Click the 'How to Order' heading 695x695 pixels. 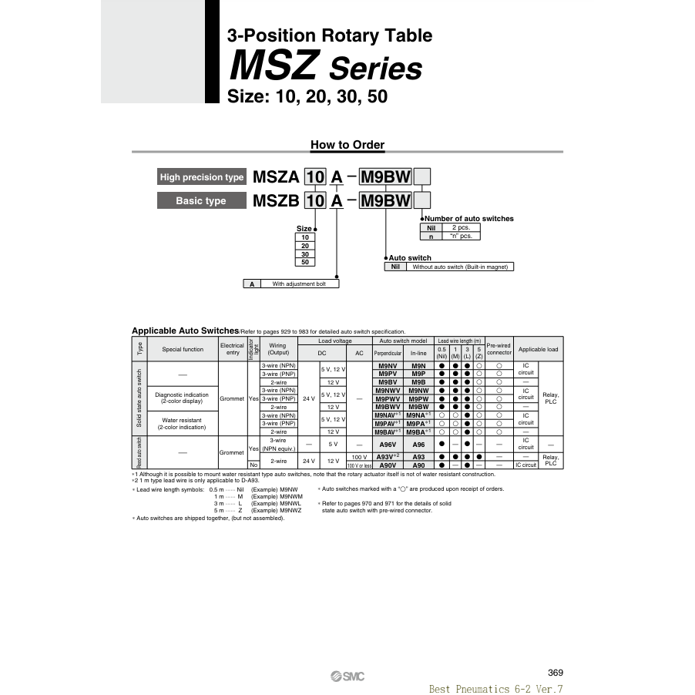coord(347,145)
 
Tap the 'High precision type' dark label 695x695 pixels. coord(201,177)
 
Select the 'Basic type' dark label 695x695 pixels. coord(201,200)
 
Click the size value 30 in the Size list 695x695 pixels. coord(305,253)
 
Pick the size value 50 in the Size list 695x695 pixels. coord(305,262)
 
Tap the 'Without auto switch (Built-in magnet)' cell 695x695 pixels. coord(458,267)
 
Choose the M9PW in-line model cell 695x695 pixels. coord(418,398)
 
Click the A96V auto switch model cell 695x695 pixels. coord(388,445)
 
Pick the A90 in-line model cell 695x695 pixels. coord(418,465)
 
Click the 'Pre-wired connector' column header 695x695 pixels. coord(499,349)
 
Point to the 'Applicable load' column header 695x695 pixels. coord(539,349)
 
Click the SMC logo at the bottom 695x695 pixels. coord(347,677)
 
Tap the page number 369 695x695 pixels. coord(555,672)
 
